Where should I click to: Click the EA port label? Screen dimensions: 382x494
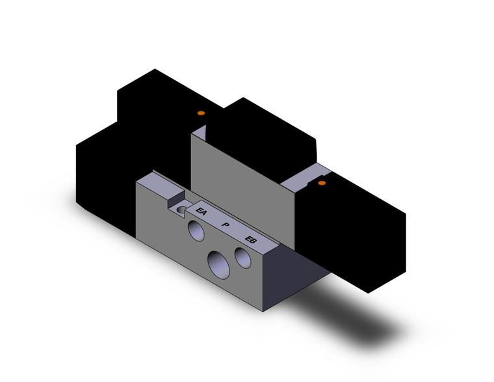[x=202, y=211]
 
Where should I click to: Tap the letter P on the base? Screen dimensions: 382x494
[x=225, y=225]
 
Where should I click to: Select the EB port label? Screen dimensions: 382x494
[x=250, y=240]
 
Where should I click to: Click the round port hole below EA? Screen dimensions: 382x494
[x=195, y=229]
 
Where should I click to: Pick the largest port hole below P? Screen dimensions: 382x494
[x=217, y=264]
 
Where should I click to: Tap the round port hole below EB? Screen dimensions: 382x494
[x=244, y=259]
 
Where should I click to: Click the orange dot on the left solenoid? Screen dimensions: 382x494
[x=201, y=114]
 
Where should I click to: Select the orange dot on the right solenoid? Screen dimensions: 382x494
[x=321, y=184]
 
